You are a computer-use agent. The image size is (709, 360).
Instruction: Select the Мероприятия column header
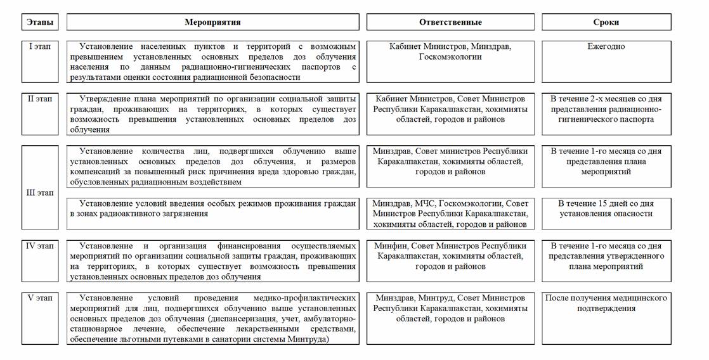[212, 22]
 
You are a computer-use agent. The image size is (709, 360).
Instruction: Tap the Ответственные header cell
[450, 22]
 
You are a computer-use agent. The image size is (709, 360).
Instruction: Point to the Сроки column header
[606, 22]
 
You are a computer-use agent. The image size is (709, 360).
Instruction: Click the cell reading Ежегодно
[606, 47]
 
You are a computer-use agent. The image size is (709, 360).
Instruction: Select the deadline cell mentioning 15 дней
[606, 209]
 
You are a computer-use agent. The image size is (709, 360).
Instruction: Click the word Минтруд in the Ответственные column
[436, 298]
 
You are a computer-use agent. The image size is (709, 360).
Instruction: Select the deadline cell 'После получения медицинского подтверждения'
[606, 303]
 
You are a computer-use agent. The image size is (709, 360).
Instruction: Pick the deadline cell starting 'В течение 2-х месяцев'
[606, 109]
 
